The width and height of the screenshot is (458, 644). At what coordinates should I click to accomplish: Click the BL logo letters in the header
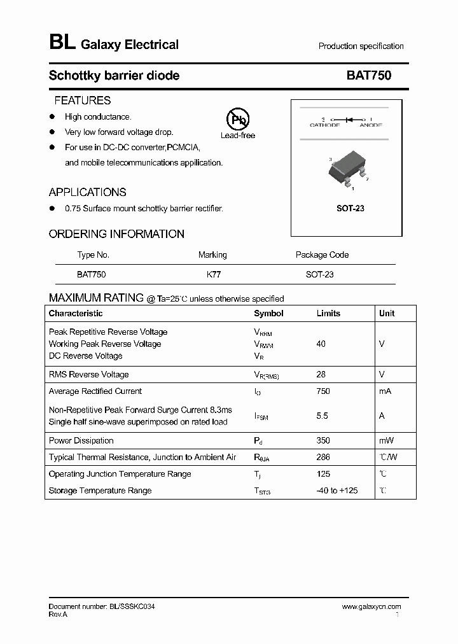[x=62, y=43]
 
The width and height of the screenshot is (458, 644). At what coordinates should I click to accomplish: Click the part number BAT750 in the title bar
[x=368, y=76]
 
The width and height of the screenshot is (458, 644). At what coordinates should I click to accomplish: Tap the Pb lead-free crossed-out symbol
[x=238, y=119]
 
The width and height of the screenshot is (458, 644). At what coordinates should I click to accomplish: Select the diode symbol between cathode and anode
[x=348, y=120]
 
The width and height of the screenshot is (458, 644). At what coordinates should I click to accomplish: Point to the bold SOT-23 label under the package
[x=350, y=209]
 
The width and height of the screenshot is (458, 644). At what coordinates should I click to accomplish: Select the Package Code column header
[x=322, y=255]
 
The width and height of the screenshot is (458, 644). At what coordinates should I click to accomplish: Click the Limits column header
[x=328, y=314]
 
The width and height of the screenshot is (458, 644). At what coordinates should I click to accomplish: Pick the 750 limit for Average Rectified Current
[x=323, y=391]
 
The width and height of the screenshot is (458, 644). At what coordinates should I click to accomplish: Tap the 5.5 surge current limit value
[x=322, y=416]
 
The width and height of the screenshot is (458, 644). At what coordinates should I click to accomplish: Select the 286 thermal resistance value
[x=323, y=458]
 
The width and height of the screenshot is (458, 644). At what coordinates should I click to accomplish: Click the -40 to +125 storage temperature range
[x=337, y=491]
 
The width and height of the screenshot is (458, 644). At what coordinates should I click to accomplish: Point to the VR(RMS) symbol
[x=266, y=375]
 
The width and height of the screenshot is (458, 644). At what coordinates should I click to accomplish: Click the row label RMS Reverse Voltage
[x=88, y=375]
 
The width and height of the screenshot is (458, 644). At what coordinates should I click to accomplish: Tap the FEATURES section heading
[x=82, y=101]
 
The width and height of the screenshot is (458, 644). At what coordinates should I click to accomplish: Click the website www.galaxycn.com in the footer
[x=371, y=607]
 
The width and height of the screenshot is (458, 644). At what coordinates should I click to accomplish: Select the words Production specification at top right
[x=361, y=46]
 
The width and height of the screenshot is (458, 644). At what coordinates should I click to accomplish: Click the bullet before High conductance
[x=53, y=116]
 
